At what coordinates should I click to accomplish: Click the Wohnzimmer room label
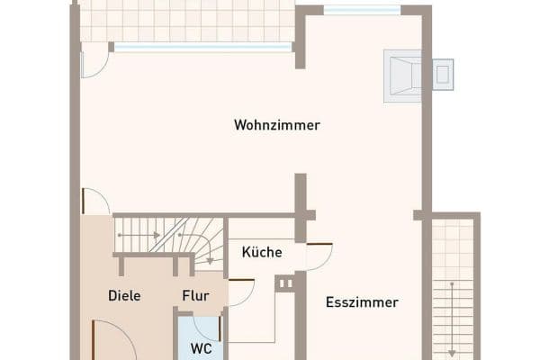[277, 125]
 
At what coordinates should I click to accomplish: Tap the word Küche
[262, 253]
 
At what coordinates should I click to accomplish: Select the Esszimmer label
[362, 302]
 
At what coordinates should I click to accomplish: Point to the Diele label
[124, 295]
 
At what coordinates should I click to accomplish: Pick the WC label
[200, 346]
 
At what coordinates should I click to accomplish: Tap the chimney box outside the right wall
[442, 74]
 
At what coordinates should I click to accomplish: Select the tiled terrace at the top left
[186, 20]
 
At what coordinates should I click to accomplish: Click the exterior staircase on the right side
[453, 288]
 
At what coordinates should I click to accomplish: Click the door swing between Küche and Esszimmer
[319, 256]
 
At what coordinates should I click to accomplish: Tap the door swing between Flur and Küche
[240, 292]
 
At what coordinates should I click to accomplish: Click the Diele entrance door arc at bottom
[112, 339]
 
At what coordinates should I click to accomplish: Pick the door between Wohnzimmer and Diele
[94, 202]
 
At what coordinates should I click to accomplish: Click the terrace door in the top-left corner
[93, 60]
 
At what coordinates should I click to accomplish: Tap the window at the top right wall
[362, 10]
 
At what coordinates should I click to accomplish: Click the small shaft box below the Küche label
[285, 283]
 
